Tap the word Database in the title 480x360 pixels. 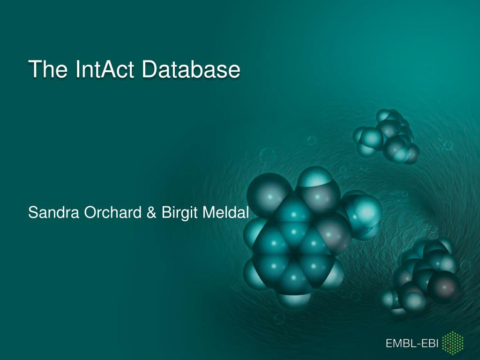[191, 69]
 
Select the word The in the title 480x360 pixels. [48, 69]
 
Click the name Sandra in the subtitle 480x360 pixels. [53, 212]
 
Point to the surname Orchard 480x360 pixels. [112, 212]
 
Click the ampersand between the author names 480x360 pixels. [151, 212]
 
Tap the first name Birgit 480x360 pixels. [180, 213]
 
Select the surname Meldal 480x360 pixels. [225, 212]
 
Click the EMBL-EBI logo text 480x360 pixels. [412, 343]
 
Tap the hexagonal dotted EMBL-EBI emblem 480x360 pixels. [453, 343]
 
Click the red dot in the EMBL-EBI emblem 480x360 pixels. [448, 345]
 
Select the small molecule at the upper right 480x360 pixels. [386, 136]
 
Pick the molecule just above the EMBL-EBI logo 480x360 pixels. [421, 276]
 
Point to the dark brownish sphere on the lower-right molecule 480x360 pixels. [444, 287]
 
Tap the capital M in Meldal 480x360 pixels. [209, 212]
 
